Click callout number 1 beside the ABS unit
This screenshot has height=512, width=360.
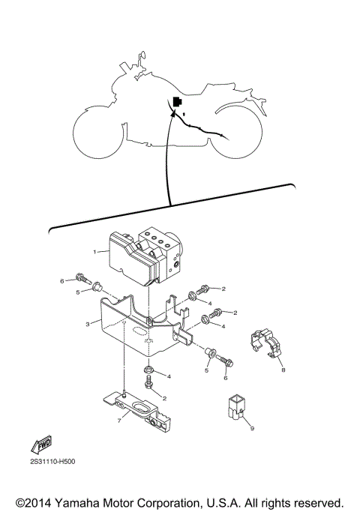point(95,252)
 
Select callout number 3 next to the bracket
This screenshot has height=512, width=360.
point(88,324)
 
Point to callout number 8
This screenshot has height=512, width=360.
point(283,370)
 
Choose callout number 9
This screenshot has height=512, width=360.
point(253,428)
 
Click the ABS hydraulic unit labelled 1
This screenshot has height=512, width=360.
point(142,256)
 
